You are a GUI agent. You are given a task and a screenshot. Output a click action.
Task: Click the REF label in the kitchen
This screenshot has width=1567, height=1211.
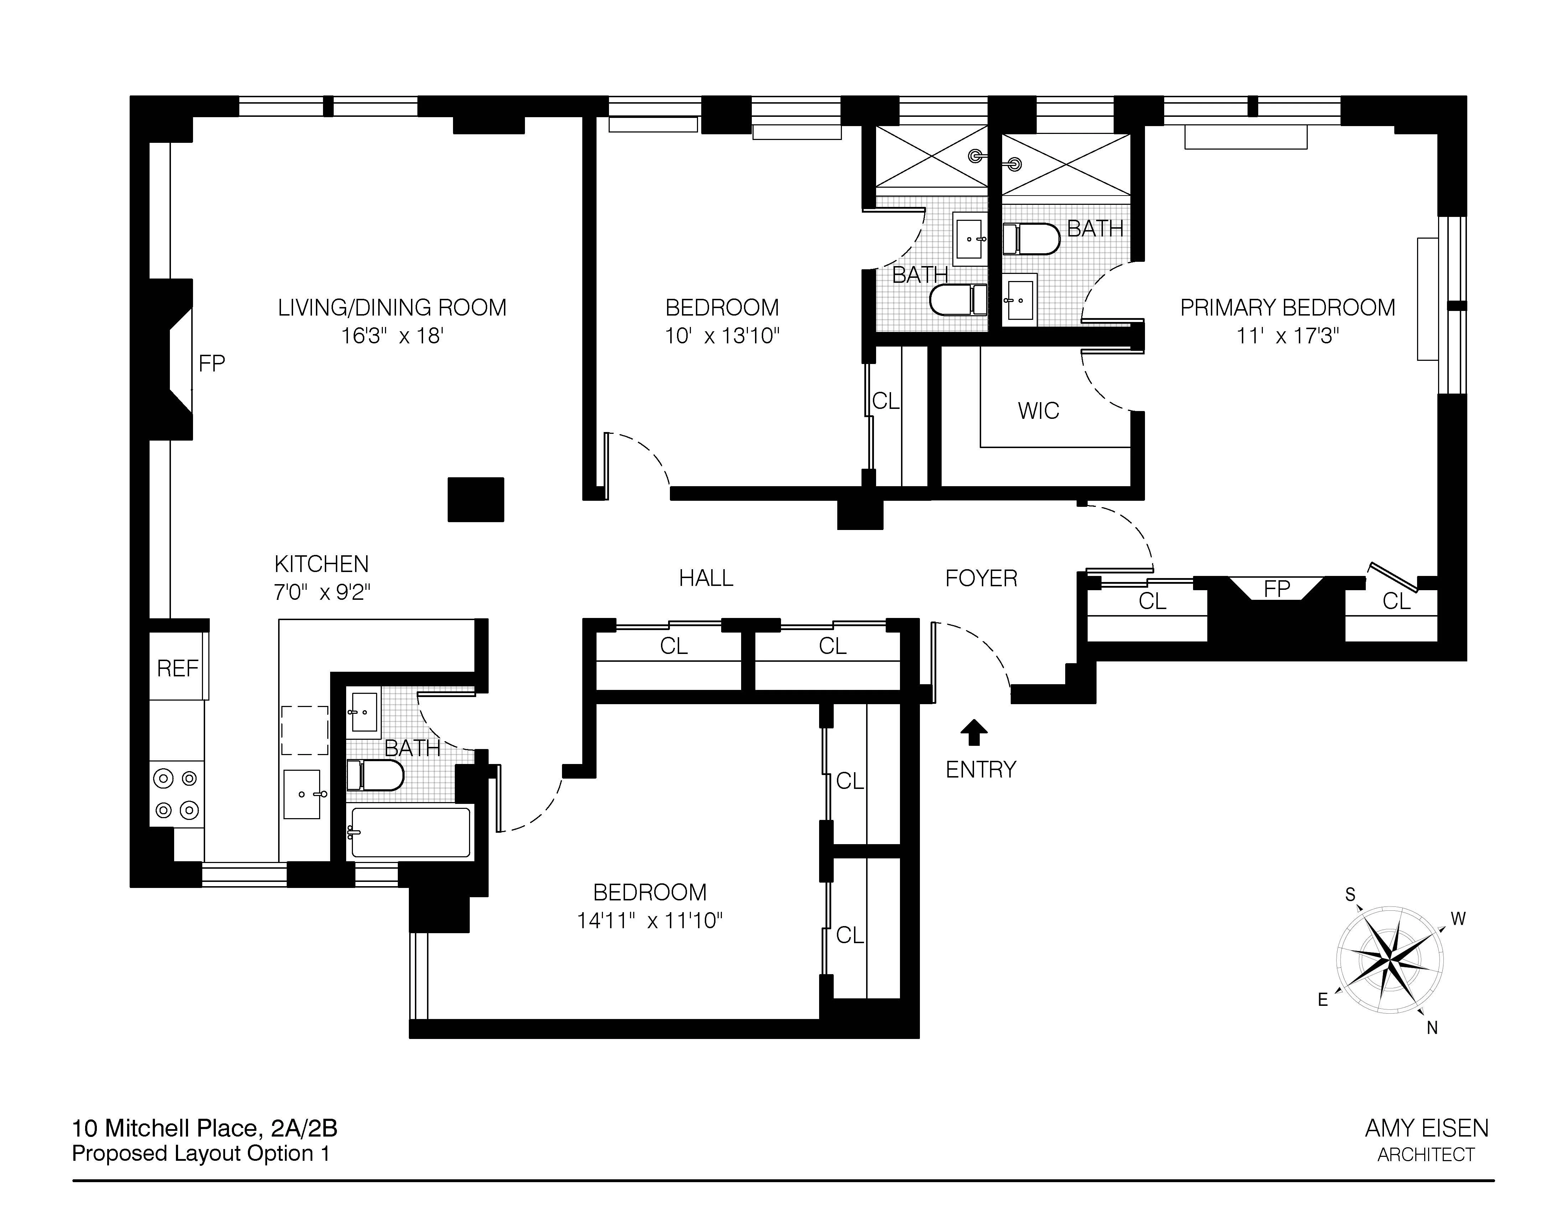point(177,669)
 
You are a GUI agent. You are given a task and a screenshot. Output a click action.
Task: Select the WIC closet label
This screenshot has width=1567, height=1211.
point(1038,411)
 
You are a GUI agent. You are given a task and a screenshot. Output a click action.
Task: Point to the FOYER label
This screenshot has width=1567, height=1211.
point(981,578)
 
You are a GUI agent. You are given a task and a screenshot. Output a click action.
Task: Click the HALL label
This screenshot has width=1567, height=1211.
point(706,578)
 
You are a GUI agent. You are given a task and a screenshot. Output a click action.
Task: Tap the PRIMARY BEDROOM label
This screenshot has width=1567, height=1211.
point(1287,308)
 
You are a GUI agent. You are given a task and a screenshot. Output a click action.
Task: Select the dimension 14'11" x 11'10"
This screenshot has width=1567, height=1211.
point(649,920)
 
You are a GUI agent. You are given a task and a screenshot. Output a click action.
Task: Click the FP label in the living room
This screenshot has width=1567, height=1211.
point(212,364)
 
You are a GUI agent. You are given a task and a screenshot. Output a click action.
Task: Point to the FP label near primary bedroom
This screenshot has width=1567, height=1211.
point(1276,589)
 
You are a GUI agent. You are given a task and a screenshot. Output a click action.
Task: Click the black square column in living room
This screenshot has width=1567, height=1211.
point(476,499)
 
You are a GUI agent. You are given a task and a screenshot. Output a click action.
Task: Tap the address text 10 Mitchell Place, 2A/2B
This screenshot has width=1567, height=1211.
point(204,1128)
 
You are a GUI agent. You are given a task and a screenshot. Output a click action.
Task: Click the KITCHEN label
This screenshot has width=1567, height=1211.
point(322,564)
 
